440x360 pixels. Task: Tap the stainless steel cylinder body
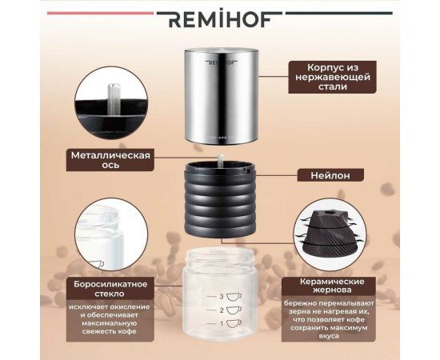coord(220,96)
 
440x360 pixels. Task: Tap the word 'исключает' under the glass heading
coord(66,304)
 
